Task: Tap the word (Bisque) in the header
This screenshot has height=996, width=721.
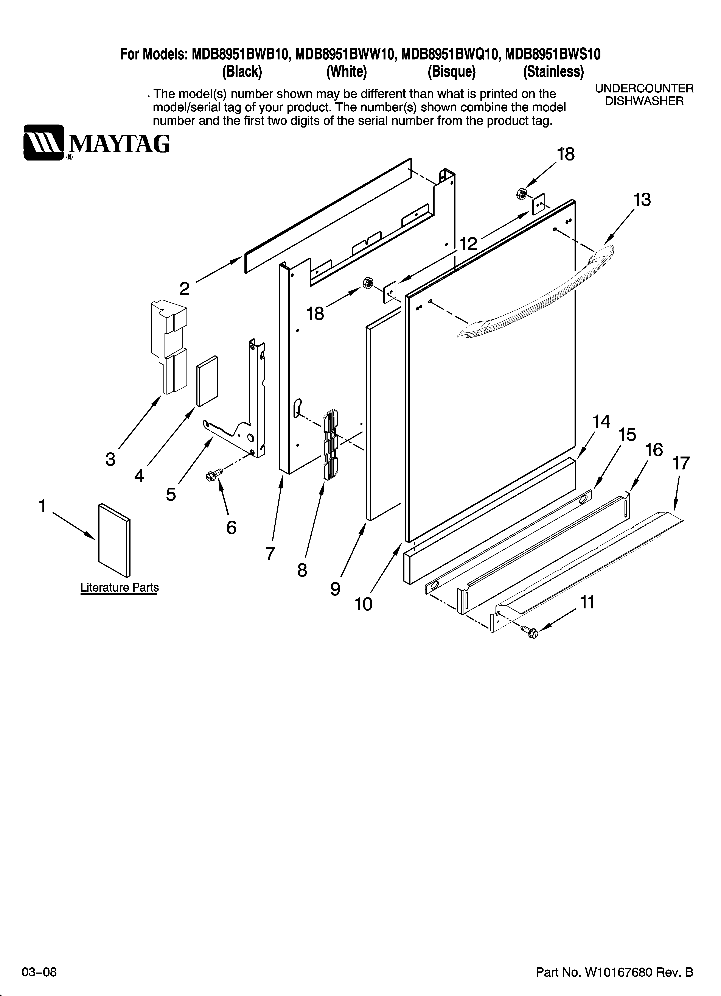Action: (x=451, y=72)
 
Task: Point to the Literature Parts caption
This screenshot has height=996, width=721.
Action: (x=120, y=588)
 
